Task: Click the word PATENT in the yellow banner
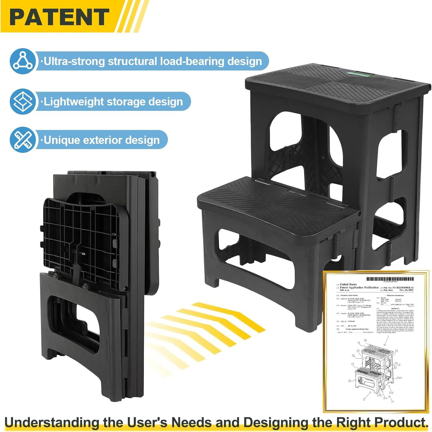[x=59, y=17]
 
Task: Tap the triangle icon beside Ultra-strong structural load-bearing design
[x=23, y=61]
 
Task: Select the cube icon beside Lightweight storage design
[x=23, y=101]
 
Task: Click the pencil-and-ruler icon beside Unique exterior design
[x=23, y=140]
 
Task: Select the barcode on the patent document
[x=390, y=279]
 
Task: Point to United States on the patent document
[x=348, y=284]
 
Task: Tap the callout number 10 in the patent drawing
[x=365, y=341]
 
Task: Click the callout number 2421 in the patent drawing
[x=399, y=378]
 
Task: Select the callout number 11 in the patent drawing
[x=352, y=364]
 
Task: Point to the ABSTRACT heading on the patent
[x=395, y=309]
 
